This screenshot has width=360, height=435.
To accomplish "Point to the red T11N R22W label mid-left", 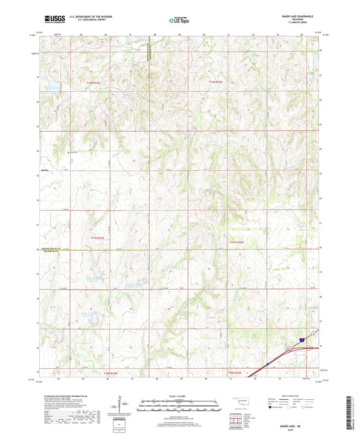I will click(98, 238).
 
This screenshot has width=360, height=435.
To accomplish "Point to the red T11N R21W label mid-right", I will click(234, 242).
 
